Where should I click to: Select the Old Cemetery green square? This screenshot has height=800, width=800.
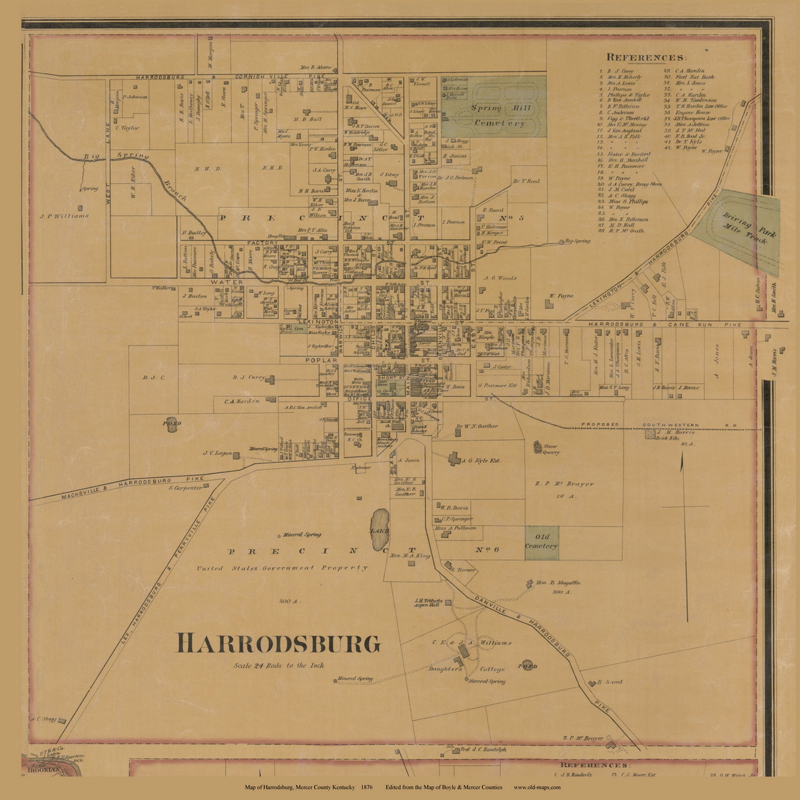pyautogui.click(x=542, y=543)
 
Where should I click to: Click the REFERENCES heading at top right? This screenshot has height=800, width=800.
pyautogui.click(x=646, y=57)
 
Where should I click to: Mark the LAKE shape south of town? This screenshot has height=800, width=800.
pyautogui.click(x=380, y=530)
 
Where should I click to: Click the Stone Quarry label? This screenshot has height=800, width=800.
pyautogui.click(x=550, y=449)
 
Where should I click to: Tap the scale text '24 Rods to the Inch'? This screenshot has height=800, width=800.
pyautogui.click(x=278, y=666)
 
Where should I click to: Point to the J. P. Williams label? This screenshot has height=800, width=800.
pyautogui.click(x=64, y=216)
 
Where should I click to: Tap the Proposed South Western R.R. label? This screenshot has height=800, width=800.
pyautogui.click(x=662, y=425)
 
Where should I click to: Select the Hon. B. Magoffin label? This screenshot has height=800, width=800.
pyautogui.click(x=558, y=583)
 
